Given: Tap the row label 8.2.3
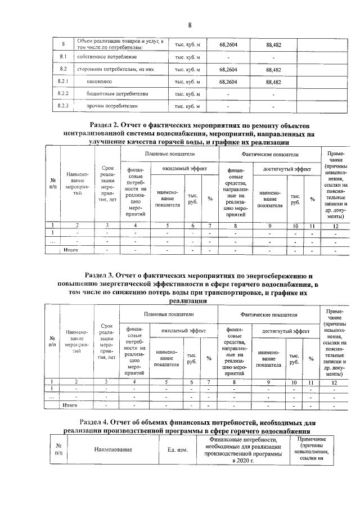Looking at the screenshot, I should (64, 105).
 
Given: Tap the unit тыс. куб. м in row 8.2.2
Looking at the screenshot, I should (187, 93).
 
